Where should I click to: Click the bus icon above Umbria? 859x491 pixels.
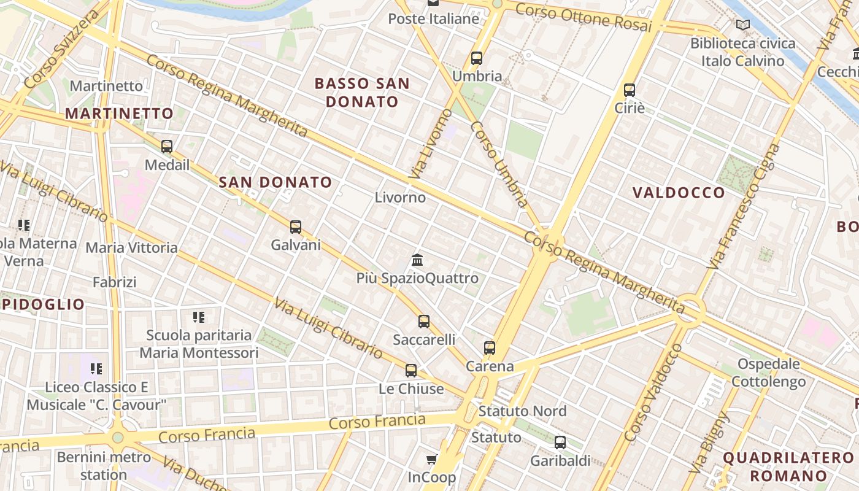(476, 58)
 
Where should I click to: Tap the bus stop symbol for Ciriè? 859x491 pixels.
(629, 90)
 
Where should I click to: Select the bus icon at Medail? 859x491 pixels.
(166, 147)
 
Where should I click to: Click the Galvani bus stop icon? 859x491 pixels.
(296, 227)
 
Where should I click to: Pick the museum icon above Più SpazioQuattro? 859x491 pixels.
(417, 260)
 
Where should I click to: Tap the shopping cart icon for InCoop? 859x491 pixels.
(432, 459)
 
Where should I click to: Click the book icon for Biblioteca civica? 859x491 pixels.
(742, 25)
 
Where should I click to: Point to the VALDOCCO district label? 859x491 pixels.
(679, 193)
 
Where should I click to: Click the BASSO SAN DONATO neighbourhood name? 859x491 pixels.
(362, 92)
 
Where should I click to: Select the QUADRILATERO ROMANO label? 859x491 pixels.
(788, 466)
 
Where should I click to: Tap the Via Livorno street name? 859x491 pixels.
(430, 144)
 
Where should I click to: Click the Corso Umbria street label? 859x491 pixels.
(499, 164)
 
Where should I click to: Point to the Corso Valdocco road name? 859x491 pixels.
(653, 393)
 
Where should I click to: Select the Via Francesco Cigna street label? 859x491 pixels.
(743, 206)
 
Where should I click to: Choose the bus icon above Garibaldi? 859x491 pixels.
(560, 443)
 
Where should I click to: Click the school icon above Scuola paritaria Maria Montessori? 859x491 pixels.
(199, 317)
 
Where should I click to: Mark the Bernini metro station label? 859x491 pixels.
(104, 466)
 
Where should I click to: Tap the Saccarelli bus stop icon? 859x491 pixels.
(423, 322)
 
